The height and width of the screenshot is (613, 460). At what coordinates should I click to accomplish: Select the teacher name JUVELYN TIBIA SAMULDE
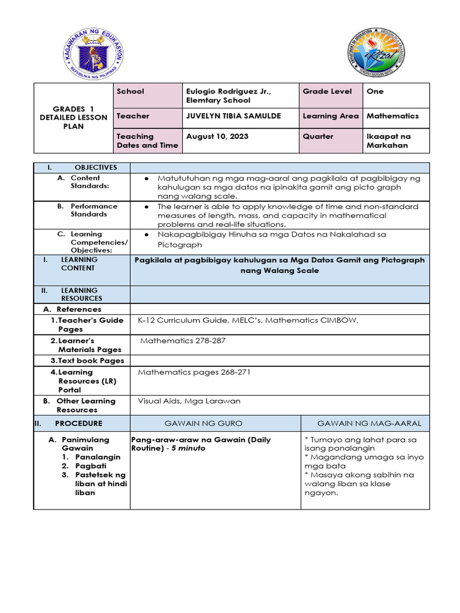coord(233,116)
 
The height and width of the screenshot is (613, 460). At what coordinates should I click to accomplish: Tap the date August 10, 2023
coord(217,136)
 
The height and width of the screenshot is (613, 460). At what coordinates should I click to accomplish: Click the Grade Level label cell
coord(328,92)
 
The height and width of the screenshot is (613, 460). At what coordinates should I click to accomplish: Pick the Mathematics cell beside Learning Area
coord(392,116)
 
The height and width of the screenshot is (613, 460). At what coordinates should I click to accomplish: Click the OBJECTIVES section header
coord(95,168)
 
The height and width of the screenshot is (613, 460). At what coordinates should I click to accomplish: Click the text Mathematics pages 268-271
coord(194,372)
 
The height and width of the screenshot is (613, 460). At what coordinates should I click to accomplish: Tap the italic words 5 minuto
coord(187,448)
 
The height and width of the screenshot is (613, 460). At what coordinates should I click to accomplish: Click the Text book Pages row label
coord(87,361)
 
